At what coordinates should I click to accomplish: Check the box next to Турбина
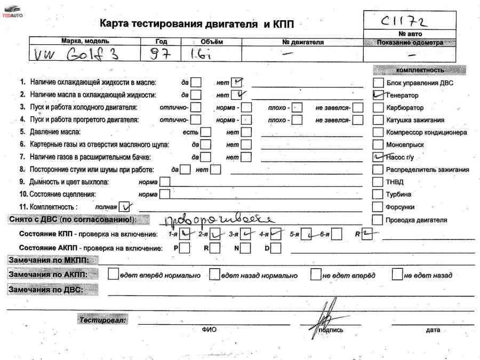pyautogui.click(x=378, y=195)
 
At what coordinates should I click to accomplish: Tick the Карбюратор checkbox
pyautogui.click(x=378, y=108)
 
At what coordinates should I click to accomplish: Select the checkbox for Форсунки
pyautogui.click(x=378, y=207)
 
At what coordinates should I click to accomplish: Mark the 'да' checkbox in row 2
pyautogui.click(x=196, y=95)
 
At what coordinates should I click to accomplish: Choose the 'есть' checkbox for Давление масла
pyautogui.click(x=205, y=132)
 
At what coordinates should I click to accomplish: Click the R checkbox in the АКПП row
pyautogui.click(x=214, y=248)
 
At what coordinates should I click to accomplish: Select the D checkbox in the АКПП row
pyautogui.click(x=275, y=248)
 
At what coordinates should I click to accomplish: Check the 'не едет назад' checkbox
pyautogui.click(x=397, y=275)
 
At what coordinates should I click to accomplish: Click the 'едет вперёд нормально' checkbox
pyautogui.click(x=113, y=275)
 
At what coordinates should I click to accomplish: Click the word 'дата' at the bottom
pyautogui.click(x=433, y=330)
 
